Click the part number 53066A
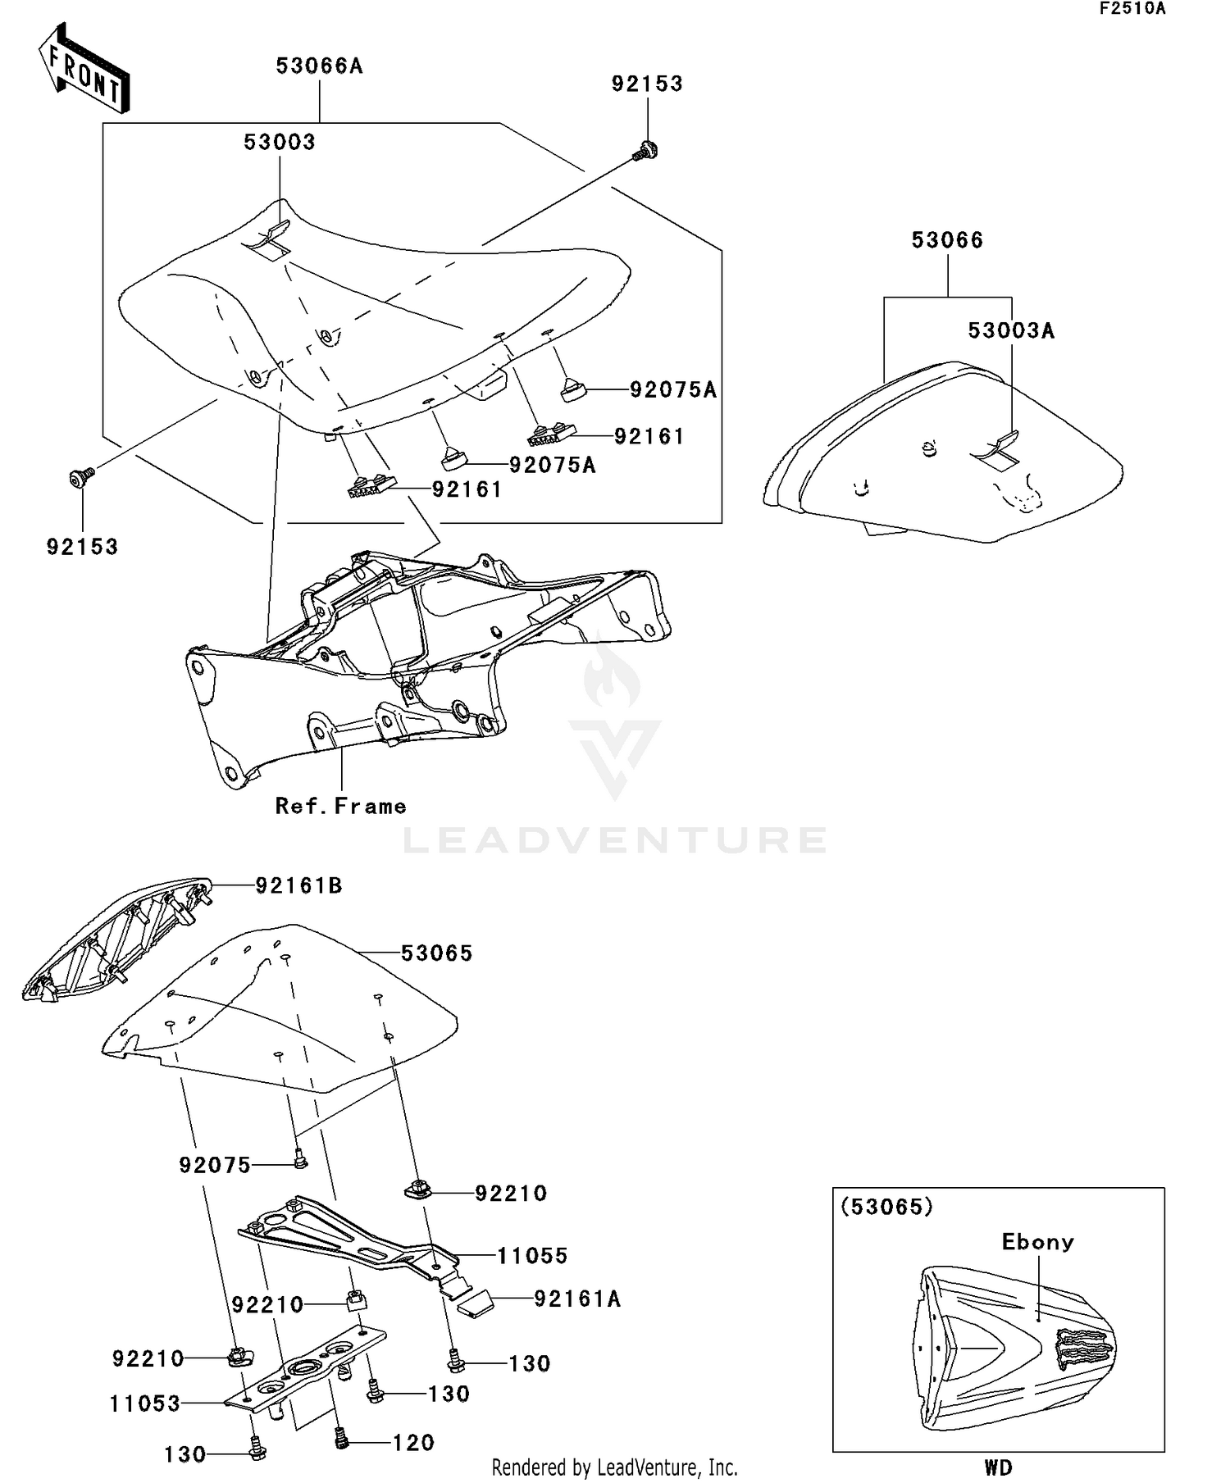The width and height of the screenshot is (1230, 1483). [319, 66]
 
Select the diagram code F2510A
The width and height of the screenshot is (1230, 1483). [1132, 9]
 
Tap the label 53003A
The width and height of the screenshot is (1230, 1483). [1011, 330]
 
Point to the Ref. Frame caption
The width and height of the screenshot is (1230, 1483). [340, 807]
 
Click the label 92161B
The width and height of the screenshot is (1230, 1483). [298, 885]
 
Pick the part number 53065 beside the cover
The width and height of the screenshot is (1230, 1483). [436, 953]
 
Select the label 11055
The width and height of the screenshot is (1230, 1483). [532, 1255]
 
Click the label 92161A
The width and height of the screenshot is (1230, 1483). [576, 1299]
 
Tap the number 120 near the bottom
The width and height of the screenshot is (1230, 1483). [413, 1443]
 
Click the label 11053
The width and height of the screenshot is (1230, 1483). [145, 1403]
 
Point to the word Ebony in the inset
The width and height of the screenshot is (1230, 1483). [1037, 1242]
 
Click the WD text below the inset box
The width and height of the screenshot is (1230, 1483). [998, 1467]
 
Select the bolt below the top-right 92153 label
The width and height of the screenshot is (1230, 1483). [647, 151]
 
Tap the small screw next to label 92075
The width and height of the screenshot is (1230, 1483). [300, 1158]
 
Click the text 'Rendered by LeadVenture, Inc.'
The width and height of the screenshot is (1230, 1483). [614, 1467]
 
